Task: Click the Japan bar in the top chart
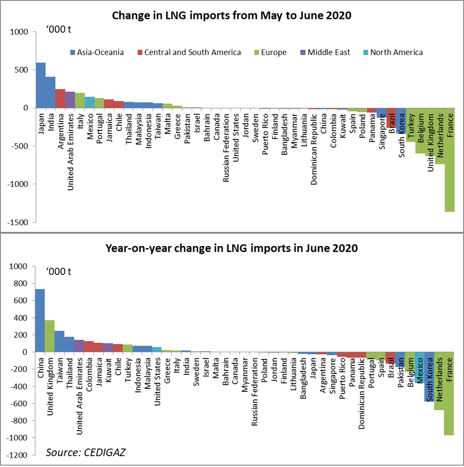click(41, 85)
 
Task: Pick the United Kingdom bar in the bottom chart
click(50, 336)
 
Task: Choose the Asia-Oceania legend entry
click(97, 53)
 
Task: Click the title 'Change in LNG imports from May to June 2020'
click(232, 16)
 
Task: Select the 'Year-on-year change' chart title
click(232, 248)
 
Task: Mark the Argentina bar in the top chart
click(61, 98)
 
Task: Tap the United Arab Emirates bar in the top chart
click(70, 100)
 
